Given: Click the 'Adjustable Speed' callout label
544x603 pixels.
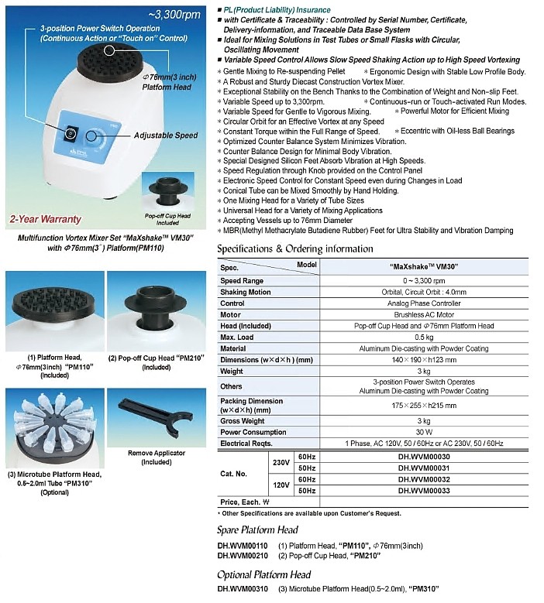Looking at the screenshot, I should pyautogui.click(x=165, y=135).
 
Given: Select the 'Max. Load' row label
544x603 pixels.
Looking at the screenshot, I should pyautogui.click(x=237, y=337).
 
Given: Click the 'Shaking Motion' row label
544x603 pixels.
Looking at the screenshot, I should pyautogui.click(x=246, y=292).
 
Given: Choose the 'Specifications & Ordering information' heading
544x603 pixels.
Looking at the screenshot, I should pyautogui.click(x=294, y=248).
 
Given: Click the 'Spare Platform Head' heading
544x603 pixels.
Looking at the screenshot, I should pyautogui.click(x=257, y=530).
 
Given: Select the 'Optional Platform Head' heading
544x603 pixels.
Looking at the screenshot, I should pyautogui.click(x=263, y=574).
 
